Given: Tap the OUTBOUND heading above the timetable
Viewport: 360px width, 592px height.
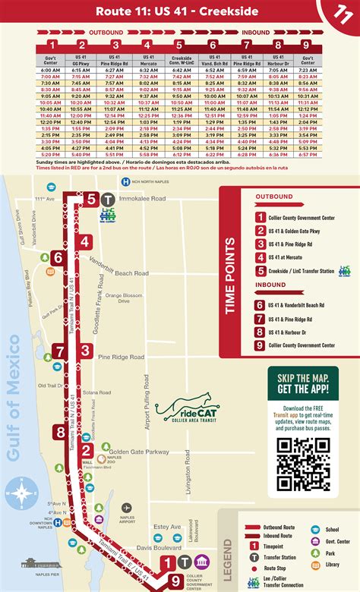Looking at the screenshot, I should (106, 33).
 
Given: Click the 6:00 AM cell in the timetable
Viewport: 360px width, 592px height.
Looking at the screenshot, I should (49, 69).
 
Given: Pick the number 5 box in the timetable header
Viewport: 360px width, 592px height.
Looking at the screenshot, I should (178, 45).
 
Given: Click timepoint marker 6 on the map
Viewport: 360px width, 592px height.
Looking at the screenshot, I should (57, 258).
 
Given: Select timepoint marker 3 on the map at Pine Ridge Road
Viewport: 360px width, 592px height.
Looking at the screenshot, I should (86, 351).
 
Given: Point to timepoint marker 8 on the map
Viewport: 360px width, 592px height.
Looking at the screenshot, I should (60, 433).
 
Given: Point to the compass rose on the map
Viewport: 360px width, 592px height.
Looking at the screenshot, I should (17, 494).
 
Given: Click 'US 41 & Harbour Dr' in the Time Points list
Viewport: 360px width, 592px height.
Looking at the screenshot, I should (292, 332).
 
